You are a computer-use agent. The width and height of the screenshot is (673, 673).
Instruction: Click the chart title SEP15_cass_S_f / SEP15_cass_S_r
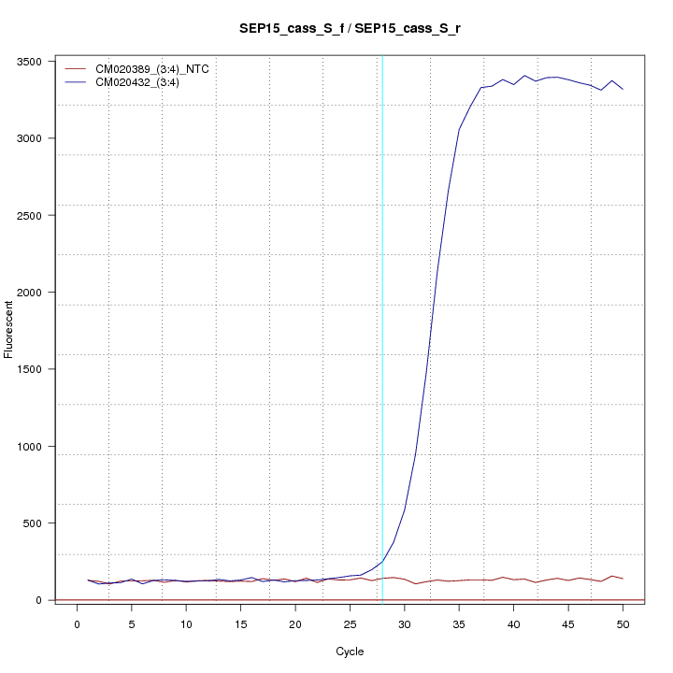point(350,29)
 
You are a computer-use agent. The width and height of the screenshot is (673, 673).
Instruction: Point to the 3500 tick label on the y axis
point(30,62)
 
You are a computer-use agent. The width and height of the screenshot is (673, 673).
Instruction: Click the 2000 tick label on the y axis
point(30,293)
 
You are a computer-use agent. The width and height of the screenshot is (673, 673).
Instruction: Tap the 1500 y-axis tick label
point(30,369)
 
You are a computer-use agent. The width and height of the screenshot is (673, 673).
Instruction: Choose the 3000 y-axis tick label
point(30,138)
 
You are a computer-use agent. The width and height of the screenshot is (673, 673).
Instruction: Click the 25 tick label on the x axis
point(350,623)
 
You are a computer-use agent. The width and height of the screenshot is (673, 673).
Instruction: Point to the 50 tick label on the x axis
point(623,623)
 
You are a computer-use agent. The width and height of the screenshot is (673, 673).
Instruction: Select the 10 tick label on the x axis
point(186,623)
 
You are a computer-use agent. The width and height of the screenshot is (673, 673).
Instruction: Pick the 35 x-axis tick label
point(459,623)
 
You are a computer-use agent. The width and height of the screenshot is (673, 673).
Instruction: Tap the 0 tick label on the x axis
point(77,623)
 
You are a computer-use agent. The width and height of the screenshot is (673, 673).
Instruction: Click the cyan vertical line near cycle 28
point(382,280)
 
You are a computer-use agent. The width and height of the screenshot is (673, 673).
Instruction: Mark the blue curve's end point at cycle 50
point(623,89)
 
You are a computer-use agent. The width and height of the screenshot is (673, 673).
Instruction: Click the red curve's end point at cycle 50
point(623,580)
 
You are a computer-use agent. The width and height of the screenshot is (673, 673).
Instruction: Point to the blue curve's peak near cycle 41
point(524,76)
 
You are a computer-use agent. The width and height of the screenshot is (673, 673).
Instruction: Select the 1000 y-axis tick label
point(30,447)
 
